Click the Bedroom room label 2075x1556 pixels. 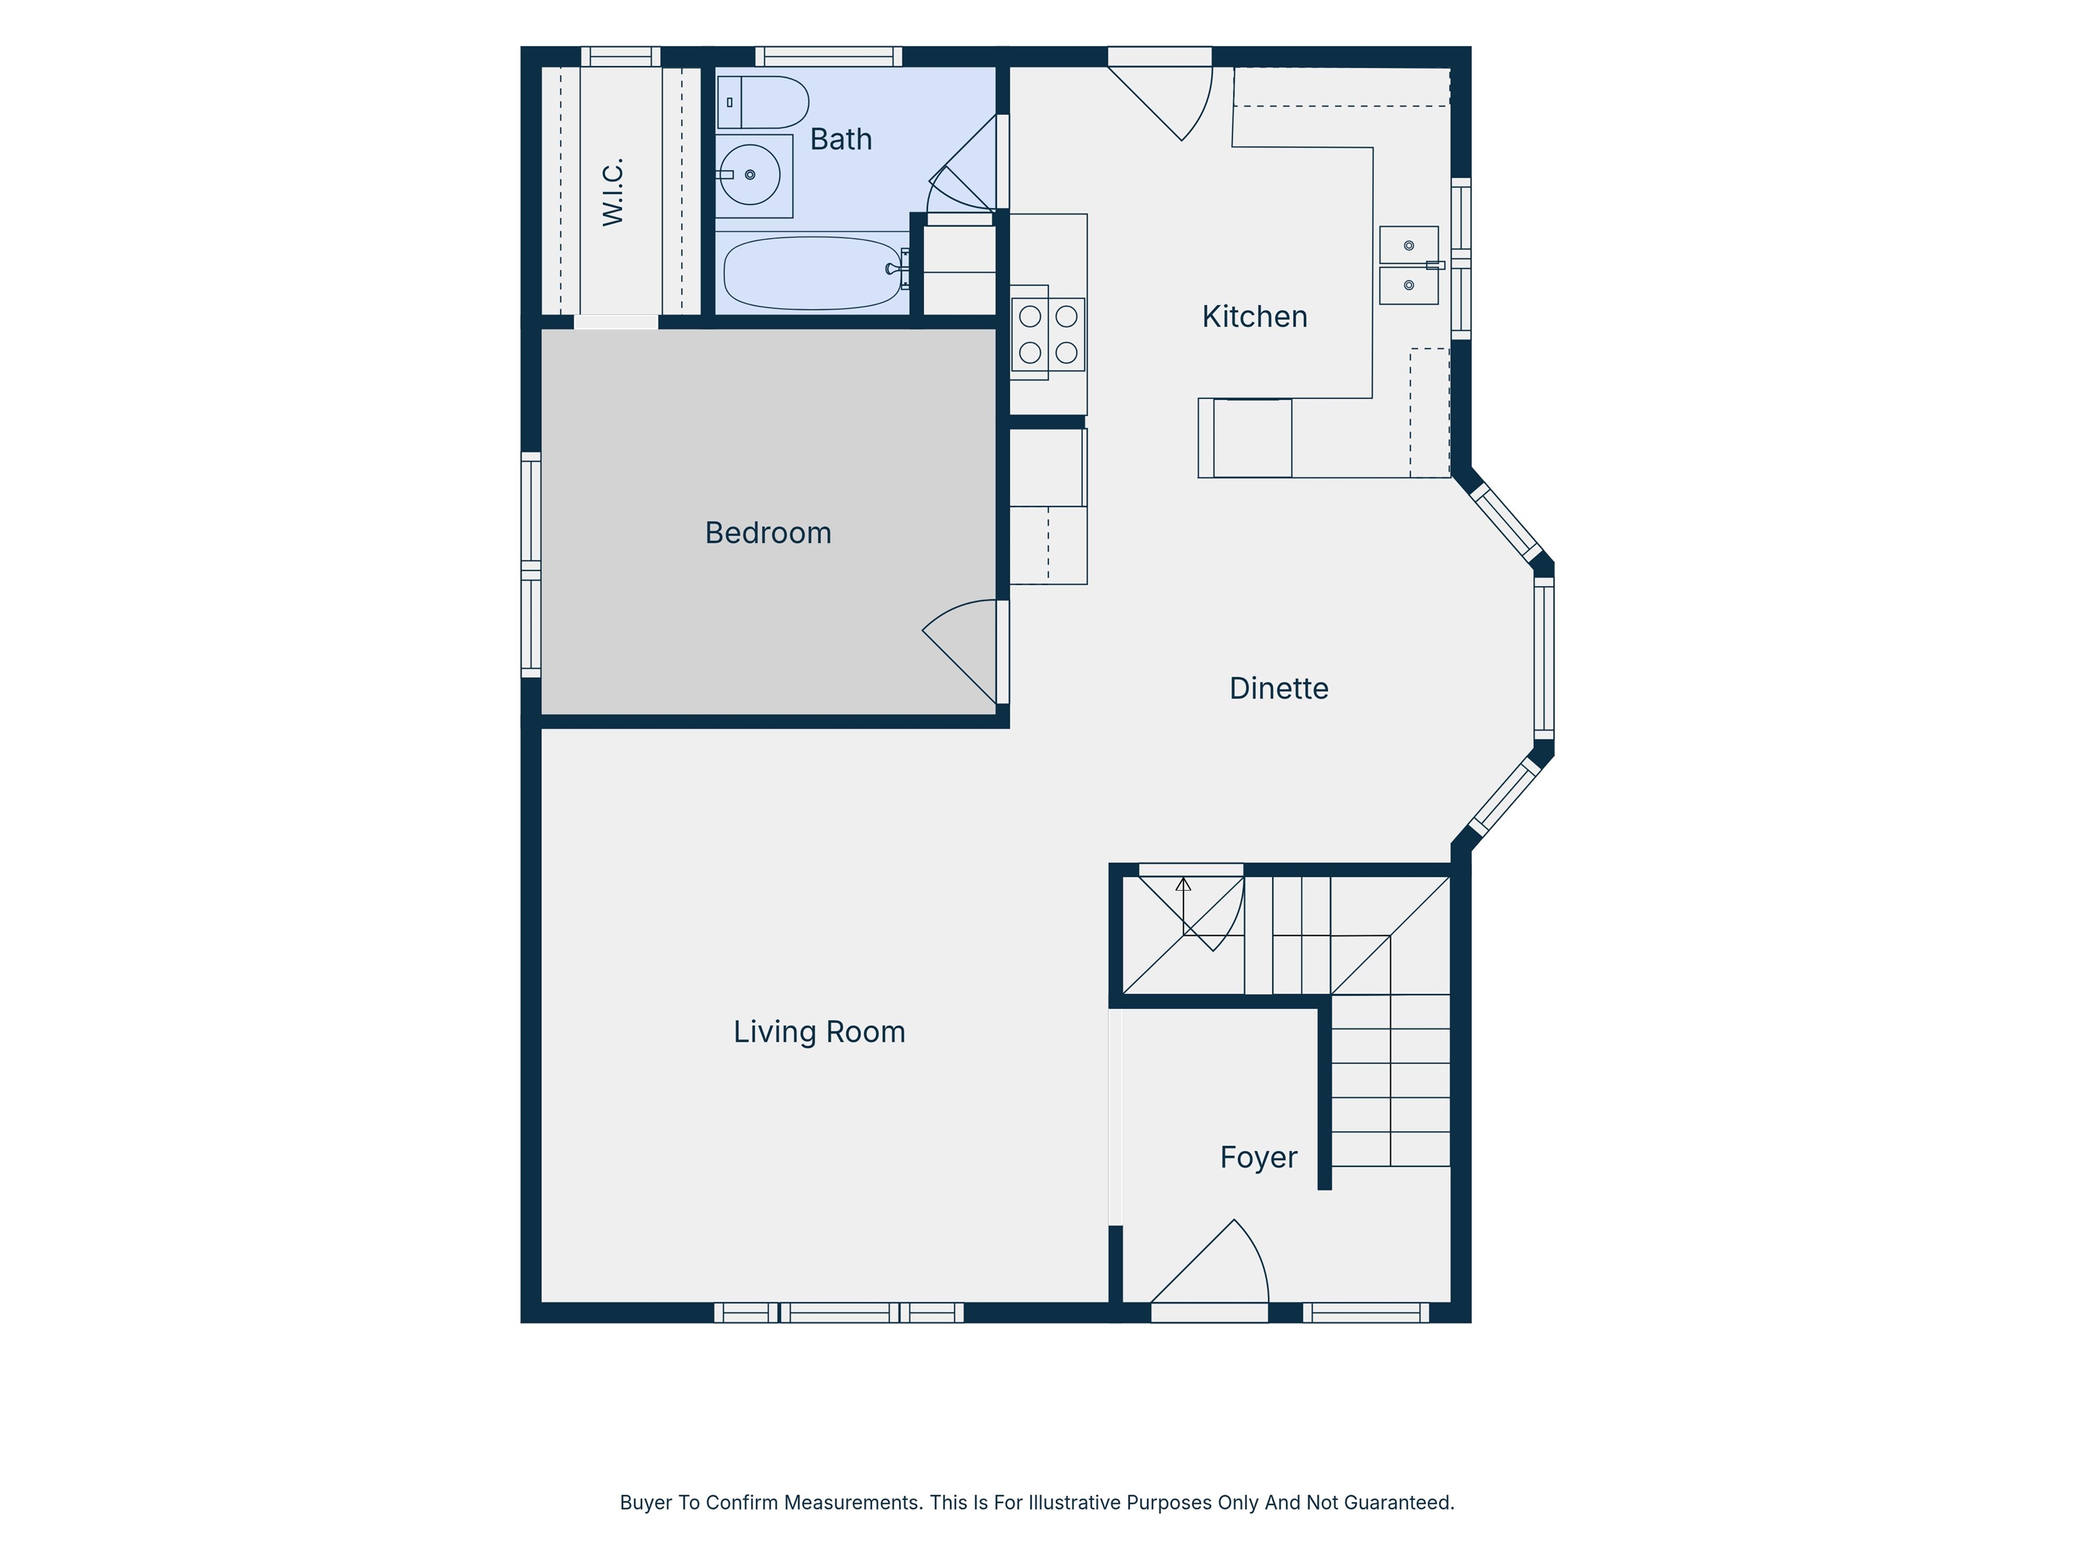pos(768,533)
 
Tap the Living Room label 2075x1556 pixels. pos(819,1032)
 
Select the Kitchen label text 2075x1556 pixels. pos(1254,317)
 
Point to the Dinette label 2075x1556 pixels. pos(1279,688)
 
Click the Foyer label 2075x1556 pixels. pos(1258,1158)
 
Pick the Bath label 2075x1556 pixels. pos(840,140)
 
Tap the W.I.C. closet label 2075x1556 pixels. pos(613,192)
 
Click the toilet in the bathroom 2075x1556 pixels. pos(763,102)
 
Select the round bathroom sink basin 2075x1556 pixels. pos(750,174)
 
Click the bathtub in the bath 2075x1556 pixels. pos(813,273)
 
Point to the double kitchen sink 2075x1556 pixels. pos(1409,265)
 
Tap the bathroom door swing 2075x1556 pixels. pos(963,163)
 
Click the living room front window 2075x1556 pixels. pos(839,1312)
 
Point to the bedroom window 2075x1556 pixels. pos(531,565)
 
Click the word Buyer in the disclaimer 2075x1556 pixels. pos(645,1503)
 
